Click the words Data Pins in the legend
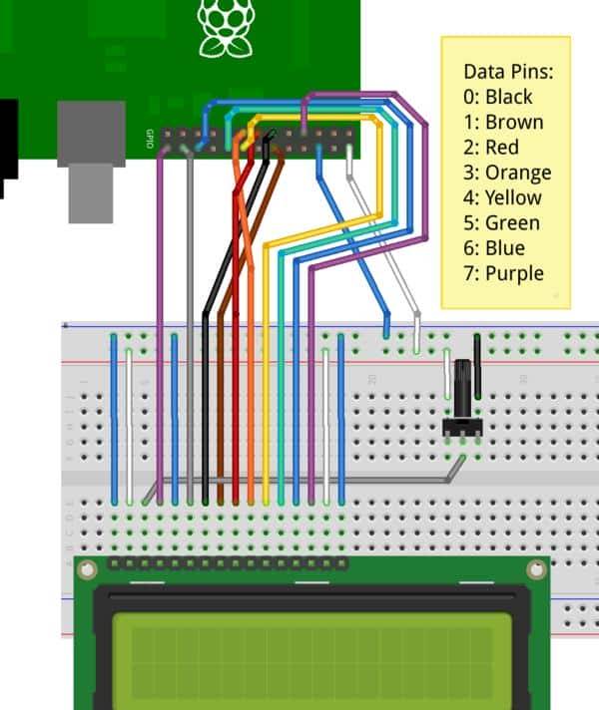[x=508, y=72]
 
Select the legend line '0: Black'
[x=498, y=97]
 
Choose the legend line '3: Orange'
[x=507, y=173]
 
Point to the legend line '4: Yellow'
[x=505, y=197]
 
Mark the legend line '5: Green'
[x=502, y=222]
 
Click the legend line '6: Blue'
[x=494, y=247]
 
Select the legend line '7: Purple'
[x=504, y=272]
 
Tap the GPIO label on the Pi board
[x=150, y=139]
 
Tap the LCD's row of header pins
[x=229, y=564]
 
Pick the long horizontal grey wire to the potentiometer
[x=299, y=483]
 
